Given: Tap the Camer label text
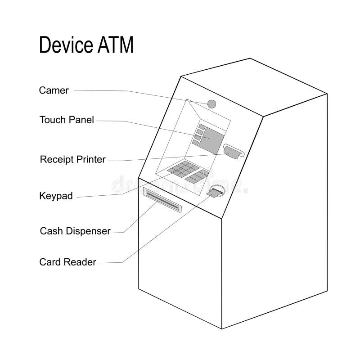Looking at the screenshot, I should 54,90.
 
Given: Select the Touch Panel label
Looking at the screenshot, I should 67,120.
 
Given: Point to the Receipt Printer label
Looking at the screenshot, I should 72,159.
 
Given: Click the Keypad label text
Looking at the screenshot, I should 56,196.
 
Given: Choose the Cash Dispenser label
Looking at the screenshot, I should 75,231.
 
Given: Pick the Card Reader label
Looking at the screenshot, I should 68,262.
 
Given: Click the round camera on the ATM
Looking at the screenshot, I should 212,104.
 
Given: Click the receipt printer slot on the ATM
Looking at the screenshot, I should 233,152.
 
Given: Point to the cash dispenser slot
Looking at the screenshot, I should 162,201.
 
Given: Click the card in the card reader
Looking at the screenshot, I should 215,193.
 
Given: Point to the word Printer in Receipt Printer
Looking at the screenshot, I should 91,159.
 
